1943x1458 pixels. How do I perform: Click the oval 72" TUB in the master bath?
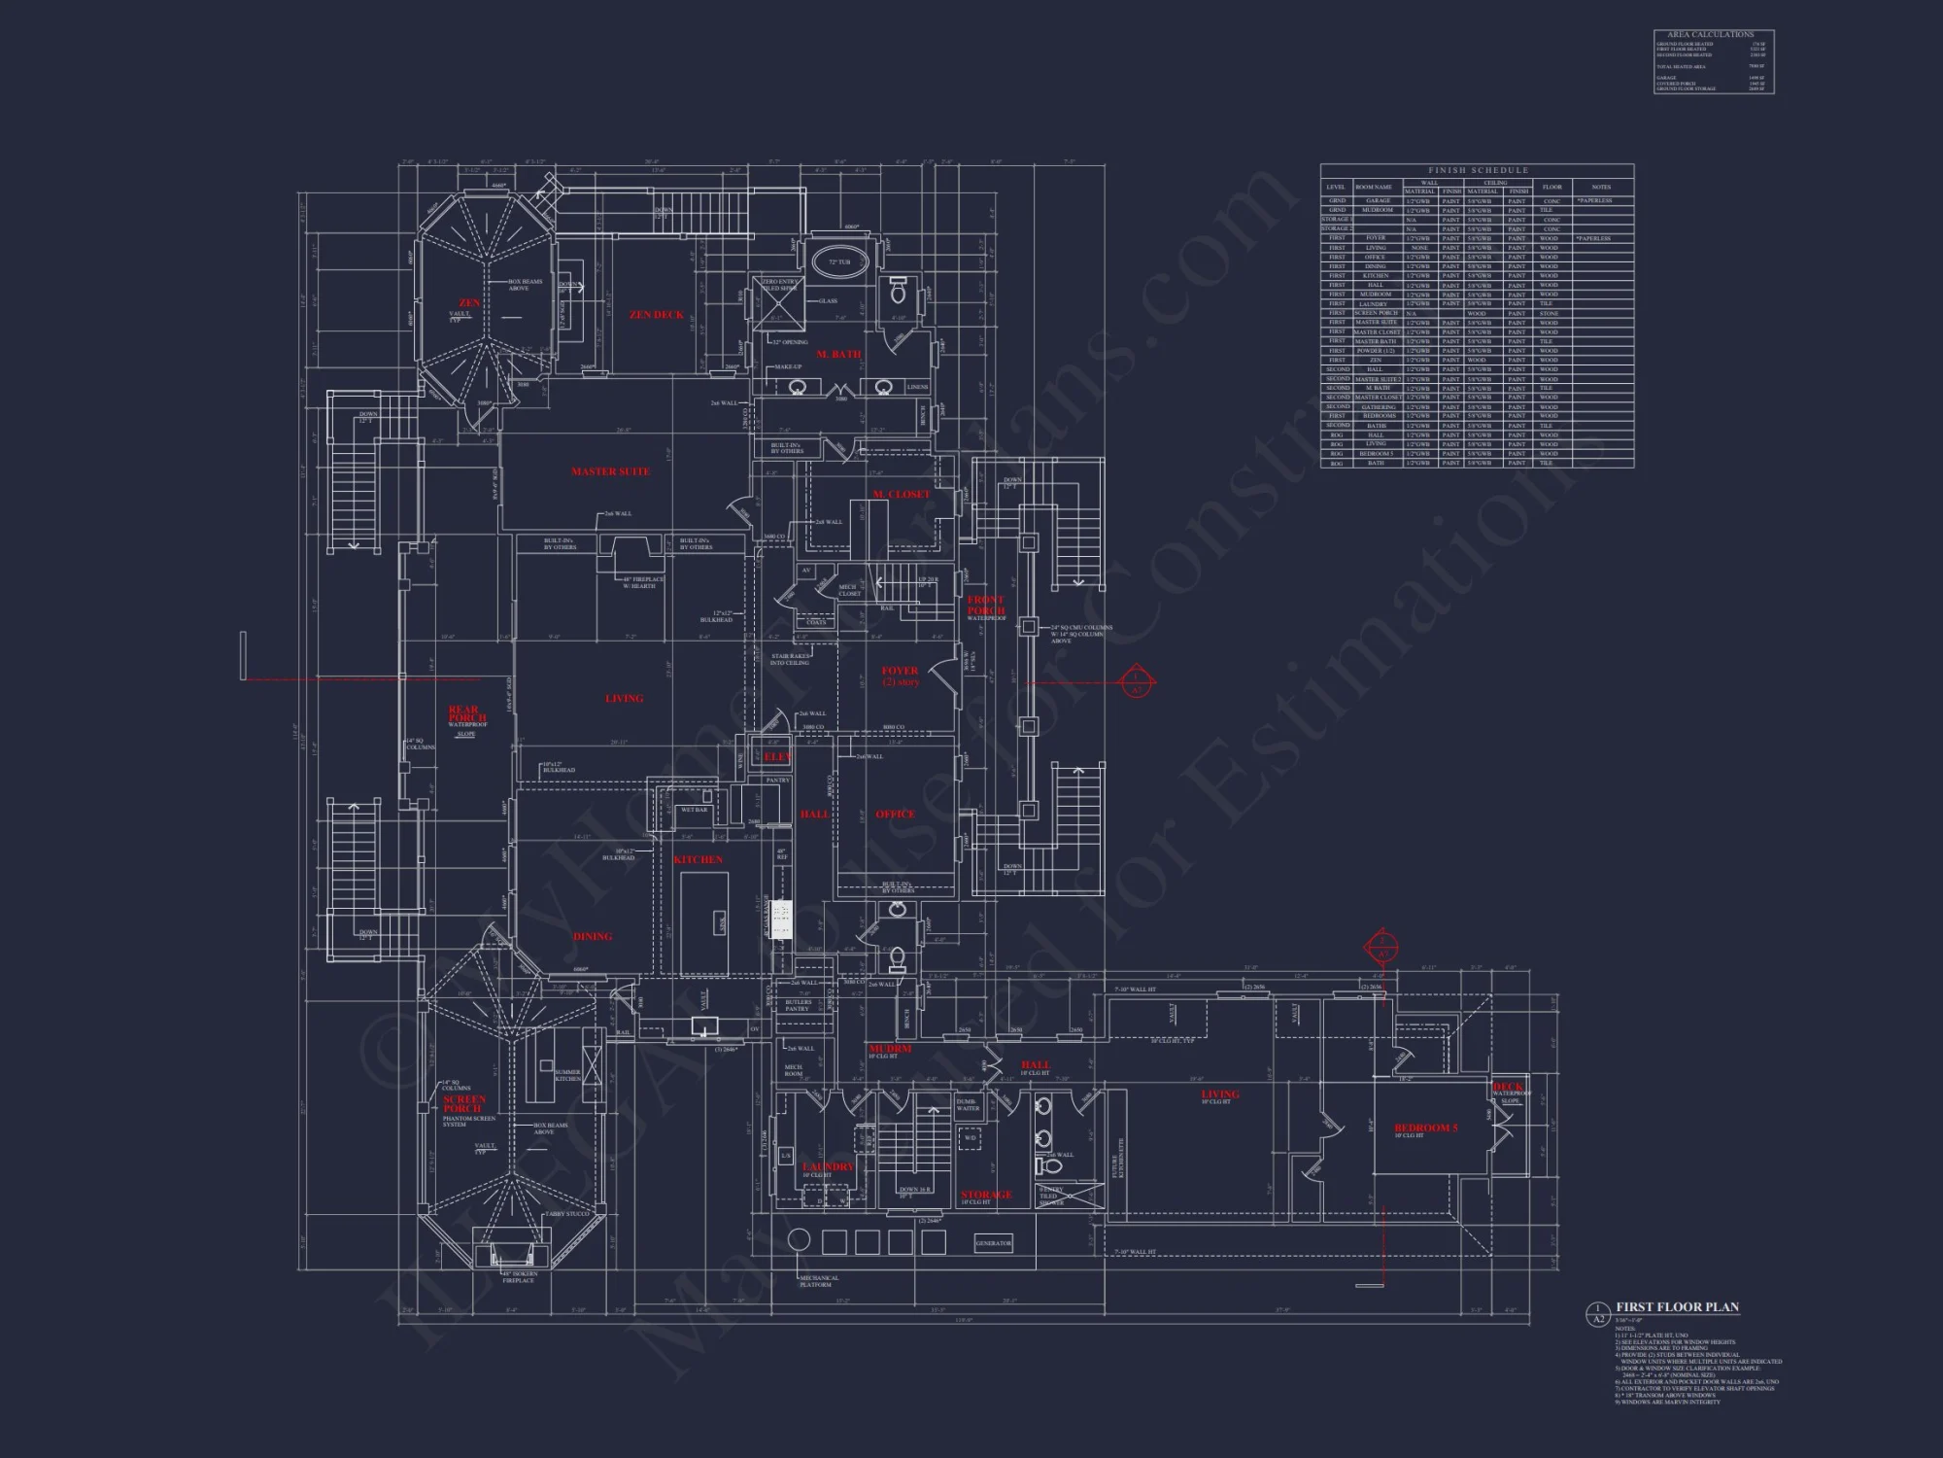tap(838, 262)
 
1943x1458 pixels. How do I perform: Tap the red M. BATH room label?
tap(838, 355)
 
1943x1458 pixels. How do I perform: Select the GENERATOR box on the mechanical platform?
tap(993, 1243)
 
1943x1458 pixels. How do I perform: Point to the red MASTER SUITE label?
tap(610, 471)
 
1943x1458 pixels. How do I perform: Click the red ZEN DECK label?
tap(656, 315)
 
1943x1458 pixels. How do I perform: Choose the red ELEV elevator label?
tap(777, 756)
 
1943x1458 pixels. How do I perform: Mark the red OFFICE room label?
tap(895, 815)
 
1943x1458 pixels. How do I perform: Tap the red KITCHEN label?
tap(698, 859)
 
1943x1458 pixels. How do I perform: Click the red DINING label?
tap(593, 937)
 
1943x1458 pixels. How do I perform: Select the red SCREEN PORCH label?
tap(463, 1103)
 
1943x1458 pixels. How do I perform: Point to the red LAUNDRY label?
tap(828, 1166)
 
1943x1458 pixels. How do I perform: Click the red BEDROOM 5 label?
tap(1426, 1128)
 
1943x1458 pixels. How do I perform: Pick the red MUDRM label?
tap(889, 1050)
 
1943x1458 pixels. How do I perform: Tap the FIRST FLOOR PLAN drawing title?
tap(1677, 1308)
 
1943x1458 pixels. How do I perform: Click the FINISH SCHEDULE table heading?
tap(1478, 170)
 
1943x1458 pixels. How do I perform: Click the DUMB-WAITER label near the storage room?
tap(968, 1105)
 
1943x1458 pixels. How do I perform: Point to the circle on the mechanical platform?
tap(799, 1241)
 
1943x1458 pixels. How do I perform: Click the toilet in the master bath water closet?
tap(898, 288)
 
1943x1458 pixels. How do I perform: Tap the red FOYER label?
tap(900, 671)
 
